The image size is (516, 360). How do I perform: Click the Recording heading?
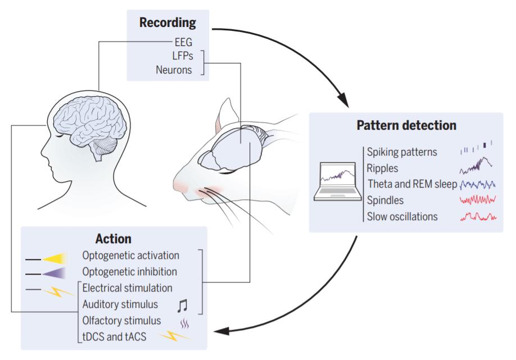click(x=168, y=22)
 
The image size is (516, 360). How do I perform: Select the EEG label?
click(x=183, y=43)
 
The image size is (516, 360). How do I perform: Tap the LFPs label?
click(x=183, y=56)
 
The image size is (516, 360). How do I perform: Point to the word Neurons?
click(x=174, y=70)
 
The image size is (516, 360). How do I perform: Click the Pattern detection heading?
click(x=406, y=125)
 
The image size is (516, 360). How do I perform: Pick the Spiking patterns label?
click(x=402, y=152)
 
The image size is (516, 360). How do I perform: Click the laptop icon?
click(x=338, y=181)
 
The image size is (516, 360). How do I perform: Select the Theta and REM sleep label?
click(x=413, y=184)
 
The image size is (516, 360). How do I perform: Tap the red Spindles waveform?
click(x=478, y=199)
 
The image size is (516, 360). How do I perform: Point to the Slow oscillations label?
click(x=402, y=217)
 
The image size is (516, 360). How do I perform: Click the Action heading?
click(x=113, y=239)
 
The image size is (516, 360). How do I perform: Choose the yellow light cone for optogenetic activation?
click(x=55, y=259)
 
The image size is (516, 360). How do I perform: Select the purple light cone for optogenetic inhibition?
click(x=55, y=274)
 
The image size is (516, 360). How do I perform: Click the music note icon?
click(x=182, y=306)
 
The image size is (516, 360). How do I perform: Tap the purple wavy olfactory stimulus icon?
click(x=184, y=325)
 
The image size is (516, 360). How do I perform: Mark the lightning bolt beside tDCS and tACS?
click(x=175, y=336)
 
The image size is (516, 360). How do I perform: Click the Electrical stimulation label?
click(x=128, y=288)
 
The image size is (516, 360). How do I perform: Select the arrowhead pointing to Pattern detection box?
click(x=343, y=100)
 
